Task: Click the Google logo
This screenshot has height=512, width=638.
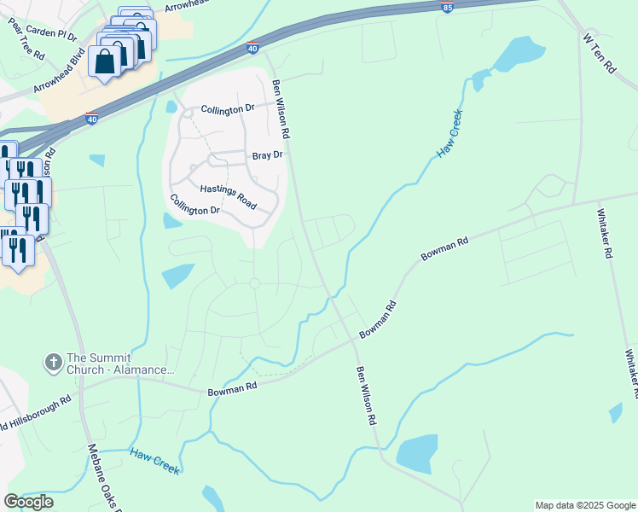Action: pos(28,502)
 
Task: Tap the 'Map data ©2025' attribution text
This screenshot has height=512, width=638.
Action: pos(584,505)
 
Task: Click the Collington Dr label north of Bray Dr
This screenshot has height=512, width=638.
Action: pos(228,109)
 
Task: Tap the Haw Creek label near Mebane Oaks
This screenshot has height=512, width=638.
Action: pos(155,462)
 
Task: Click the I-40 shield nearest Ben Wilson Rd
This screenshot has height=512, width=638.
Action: pos(253,49)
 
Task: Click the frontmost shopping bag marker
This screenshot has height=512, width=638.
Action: pos(105,63)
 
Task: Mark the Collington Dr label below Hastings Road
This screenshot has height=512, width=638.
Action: pos(195,205)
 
